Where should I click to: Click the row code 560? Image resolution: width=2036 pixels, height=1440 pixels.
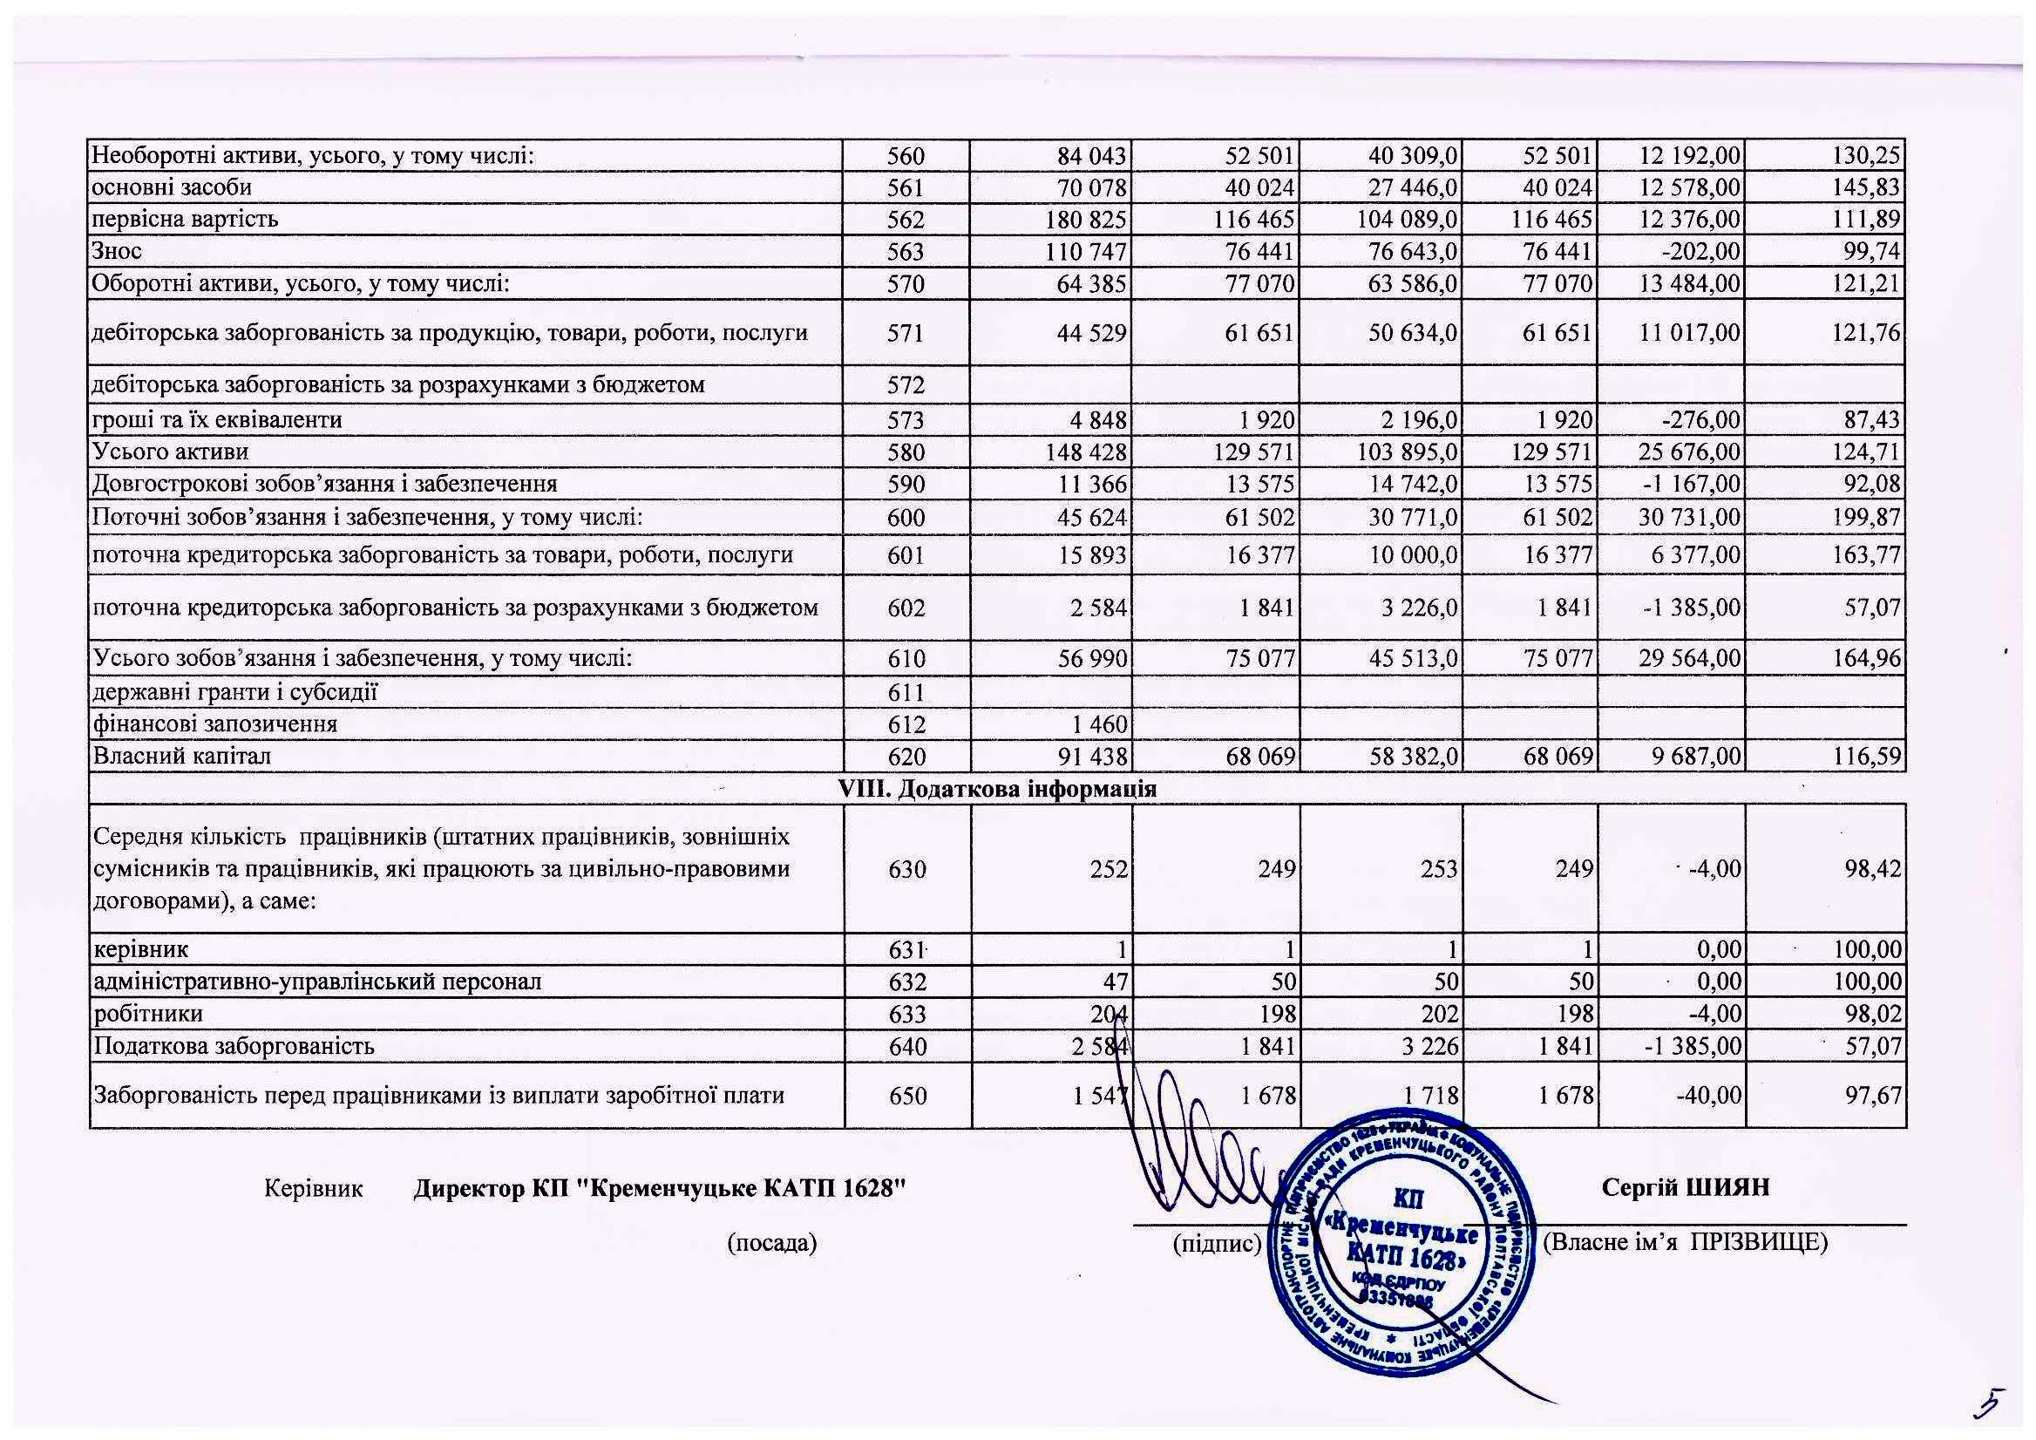pyautogui.click(x=906, y=157)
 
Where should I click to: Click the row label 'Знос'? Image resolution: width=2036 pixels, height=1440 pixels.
pyautogui.click(x=117, y=252)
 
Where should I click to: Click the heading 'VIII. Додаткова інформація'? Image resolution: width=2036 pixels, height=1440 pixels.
pyautogui.click(x=998, y=788)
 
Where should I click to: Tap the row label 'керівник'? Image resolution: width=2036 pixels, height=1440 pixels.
pyautogui.click(x=141, y=949)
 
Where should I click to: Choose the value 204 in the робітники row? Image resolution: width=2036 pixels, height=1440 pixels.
pyautogui.click(x=1109, y=1015)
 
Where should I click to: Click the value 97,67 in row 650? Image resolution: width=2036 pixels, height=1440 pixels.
pyautogui.click(x=1871, y=1096)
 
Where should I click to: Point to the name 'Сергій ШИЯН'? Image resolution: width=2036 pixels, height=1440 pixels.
pyautogui.click(x=1685, y=1188)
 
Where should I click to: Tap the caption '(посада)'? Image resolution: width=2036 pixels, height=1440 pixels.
pyautogui.click(x=771, y=1243)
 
